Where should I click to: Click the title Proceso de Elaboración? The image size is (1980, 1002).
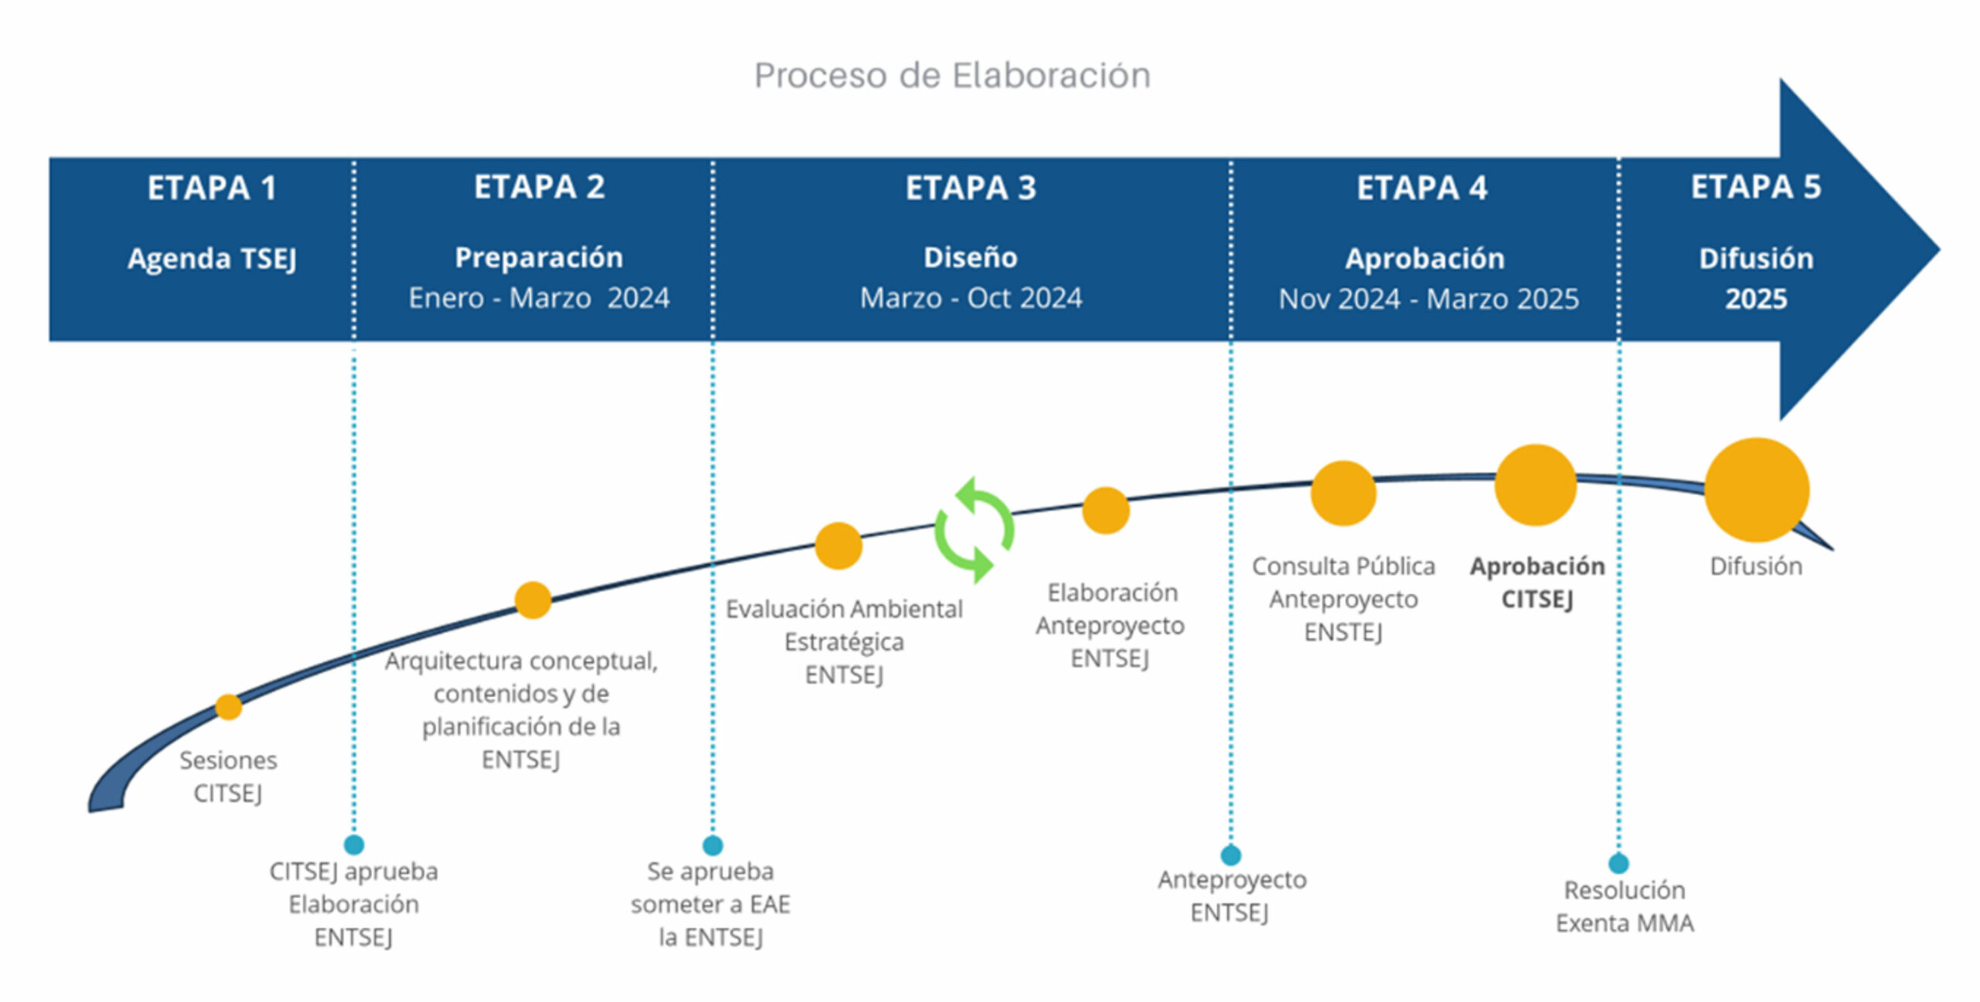[x=952, y=76]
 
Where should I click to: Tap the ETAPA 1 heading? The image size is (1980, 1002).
[x=212, y=188]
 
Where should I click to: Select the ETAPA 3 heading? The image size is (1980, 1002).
[x=971, y=188]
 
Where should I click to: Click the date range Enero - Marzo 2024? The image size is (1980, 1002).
[x=539, y=298]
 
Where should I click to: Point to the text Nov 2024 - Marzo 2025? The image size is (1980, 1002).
[x=1429, y=299]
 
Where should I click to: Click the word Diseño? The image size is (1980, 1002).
[x=971, y=257]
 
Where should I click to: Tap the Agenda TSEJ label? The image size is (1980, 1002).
[x=212, y=258]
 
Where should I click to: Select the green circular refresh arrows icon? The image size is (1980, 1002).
[x=974, y=530]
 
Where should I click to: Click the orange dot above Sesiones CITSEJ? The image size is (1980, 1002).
[x=228, y=706]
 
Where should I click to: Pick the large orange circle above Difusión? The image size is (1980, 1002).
[x=1756, y=490]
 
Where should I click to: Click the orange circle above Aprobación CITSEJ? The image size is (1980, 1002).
[x=1535, y=485]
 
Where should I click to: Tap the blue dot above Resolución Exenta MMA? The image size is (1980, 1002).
[x=1619, y=863]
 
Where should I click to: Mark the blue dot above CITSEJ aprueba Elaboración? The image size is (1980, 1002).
[x=353, y=844]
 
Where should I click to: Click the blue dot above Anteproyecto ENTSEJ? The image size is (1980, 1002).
[x=1231, y=855]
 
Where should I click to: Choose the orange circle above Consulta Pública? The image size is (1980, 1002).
[x=1343, y=493]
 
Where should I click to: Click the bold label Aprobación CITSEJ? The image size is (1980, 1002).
[x=1538, y=583]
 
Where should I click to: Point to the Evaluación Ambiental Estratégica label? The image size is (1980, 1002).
[x=844, y=641]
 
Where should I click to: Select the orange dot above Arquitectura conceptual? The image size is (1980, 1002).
[x=533, y=600]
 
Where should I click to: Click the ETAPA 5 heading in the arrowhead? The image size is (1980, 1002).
[x=1756, y=187]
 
